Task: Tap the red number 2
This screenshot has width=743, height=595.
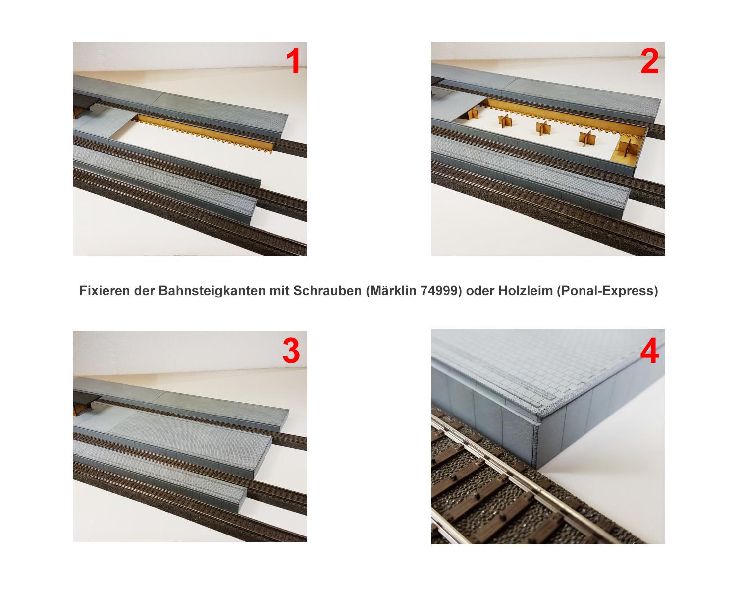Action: pos(649,62)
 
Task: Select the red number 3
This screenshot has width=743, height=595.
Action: pos(291,351)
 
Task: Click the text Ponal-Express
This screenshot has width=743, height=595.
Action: pos(607,291)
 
